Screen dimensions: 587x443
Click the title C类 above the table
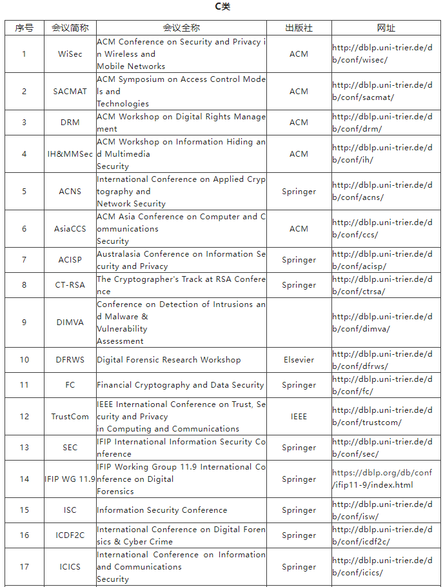[x=222, y=7]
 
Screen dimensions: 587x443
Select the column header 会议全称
[x=181, y=28]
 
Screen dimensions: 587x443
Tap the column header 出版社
[x=299, y=28]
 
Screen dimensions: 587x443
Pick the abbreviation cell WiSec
[x=70, y=54]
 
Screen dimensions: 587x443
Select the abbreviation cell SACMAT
[x=70, y=92]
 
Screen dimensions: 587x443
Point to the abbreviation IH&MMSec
[x=70, y=154]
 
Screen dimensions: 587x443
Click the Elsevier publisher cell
[x=299, y=360]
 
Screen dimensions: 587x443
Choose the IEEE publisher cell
[x=299, y=417]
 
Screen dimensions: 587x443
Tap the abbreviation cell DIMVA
[x=70, y=323]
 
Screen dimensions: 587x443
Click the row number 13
[x=24, y=448]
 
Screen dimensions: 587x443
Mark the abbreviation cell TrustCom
[x=70, y=417]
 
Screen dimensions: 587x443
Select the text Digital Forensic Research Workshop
[x=169, y=360]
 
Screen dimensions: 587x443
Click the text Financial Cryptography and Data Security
[x=181, y=385]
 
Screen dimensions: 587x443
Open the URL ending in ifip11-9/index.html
[x=382, y=479]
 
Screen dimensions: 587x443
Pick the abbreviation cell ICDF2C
[x=70, y=535]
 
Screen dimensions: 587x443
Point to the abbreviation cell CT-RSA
[x=70, y=285]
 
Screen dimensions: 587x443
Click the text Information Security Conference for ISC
[x=162, y=510]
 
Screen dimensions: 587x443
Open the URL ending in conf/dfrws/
[x=382, y=360]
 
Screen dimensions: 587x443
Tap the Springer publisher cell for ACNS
[x=299, y=192]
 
